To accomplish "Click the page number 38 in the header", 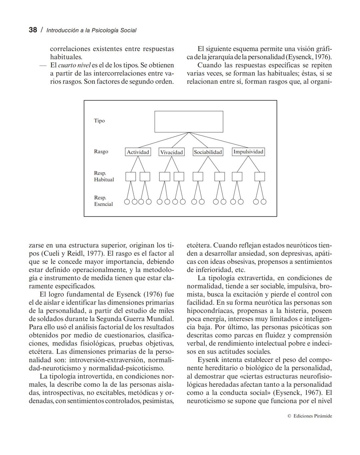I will coord(33,30).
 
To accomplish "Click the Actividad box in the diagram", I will coord(138,152).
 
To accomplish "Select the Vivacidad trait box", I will coord(171,152).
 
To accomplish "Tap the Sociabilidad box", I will coord(208,152).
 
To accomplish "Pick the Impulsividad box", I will coord(248,152).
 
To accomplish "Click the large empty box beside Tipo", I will coord(189,121).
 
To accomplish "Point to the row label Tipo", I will coord(99,121).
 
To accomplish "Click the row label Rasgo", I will coord(101,151).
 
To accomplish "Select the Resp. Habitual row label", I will coord(104,176).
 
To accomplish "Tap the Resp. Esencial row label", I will coord(103,201).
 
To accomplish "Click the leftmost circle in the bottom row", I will coord(127,201).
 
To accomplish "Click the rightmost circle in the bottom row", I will coord(263,201).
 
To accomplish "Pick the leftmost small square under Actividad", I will coord(131,176).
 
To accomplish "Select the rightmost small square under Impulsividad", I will coord(260,176).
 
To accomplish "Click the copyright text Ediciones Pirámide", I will coord(312,416).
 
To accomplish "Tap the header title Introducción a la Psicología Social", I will coord(91,30).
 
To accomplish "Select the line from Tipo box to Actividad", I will coord(163,140).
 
